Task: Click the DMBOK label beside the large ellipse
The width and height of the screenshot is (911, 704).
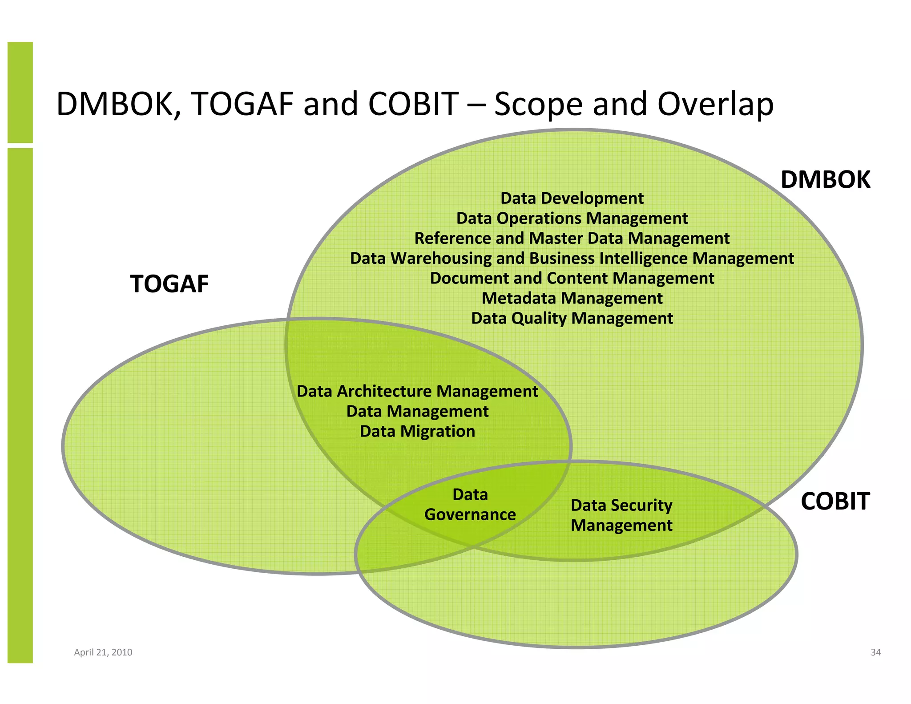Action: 825,180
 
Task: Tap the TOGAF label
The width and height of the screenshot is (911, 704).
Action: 169,284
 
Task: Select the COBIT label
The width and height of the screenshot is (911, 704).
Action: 835,502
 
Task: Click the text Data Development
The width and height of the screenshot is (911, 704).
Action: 572,198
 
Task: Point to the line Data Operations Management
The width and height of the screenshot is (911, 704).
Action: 572,218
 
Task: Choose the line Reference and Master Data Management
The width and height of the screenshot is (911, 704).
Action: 572,239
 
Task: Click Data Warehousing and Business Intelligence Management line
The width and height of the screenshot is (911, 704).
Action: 572,259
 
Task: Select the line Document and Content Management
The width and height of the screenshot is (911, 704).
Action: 572,279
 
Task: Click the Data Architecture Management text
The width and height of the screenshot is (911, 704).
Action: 417,392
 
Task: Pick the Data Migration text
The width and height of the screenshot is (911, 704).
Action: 417,432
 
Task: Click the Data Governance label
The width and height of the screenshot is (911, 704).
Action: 470,505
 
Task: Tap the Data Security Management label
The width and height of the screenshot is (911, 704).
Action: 621,515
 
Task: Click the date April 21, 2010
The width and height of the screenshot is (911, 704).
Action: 103,652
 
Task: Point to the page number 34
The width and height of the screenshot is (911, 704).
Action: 875,652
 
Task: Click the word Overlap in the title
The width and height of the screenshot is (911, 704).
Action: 715,105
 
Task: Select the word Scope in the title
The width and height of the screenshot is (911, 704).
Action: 538,105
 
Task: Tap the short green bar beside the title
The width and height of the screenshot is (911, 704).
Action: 20,92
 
